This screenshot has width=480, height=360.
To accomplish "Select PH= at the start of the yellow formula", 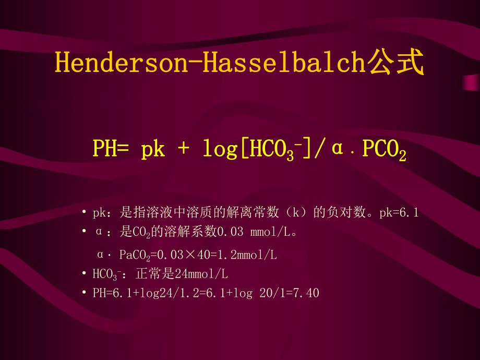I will (111, 149).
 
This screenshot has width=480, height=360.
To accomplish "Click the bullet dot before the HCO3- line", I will (85, 273).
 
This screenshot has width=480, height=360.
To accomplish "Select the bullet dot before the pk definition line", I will (85, 213).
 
